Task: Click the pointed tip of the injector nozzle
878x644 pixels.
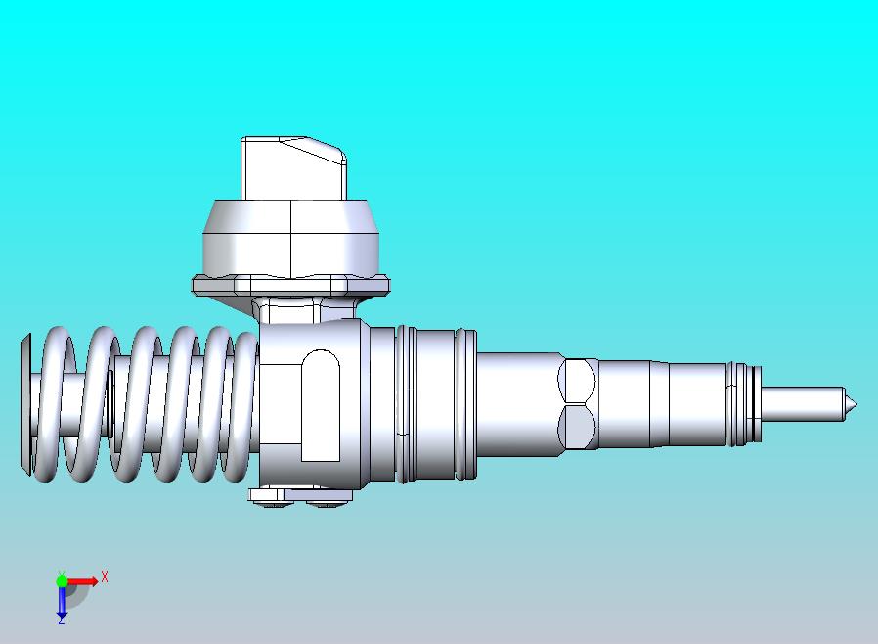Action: click(x=854, y=403)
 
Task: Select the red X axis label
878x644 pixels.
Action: click(x=105, y=576)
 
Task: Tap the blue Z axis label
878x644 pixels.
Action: click(x=61, y=619)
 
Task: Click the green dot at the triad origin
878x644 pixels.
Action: click(x=62, y=581)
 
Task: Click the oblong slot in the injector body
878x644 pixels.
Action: click(x=321, y=404)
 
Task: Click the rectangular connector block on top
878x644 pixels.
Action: click(x=291, y=168)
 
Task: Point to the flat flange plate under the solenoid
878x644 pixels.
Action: click(x=290, y=285)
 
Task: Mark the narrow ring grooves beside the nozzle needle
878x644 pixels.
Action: click(x=745, y=403)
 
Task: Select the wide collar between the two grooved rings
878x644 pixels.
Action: click(x=435, y=403)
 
